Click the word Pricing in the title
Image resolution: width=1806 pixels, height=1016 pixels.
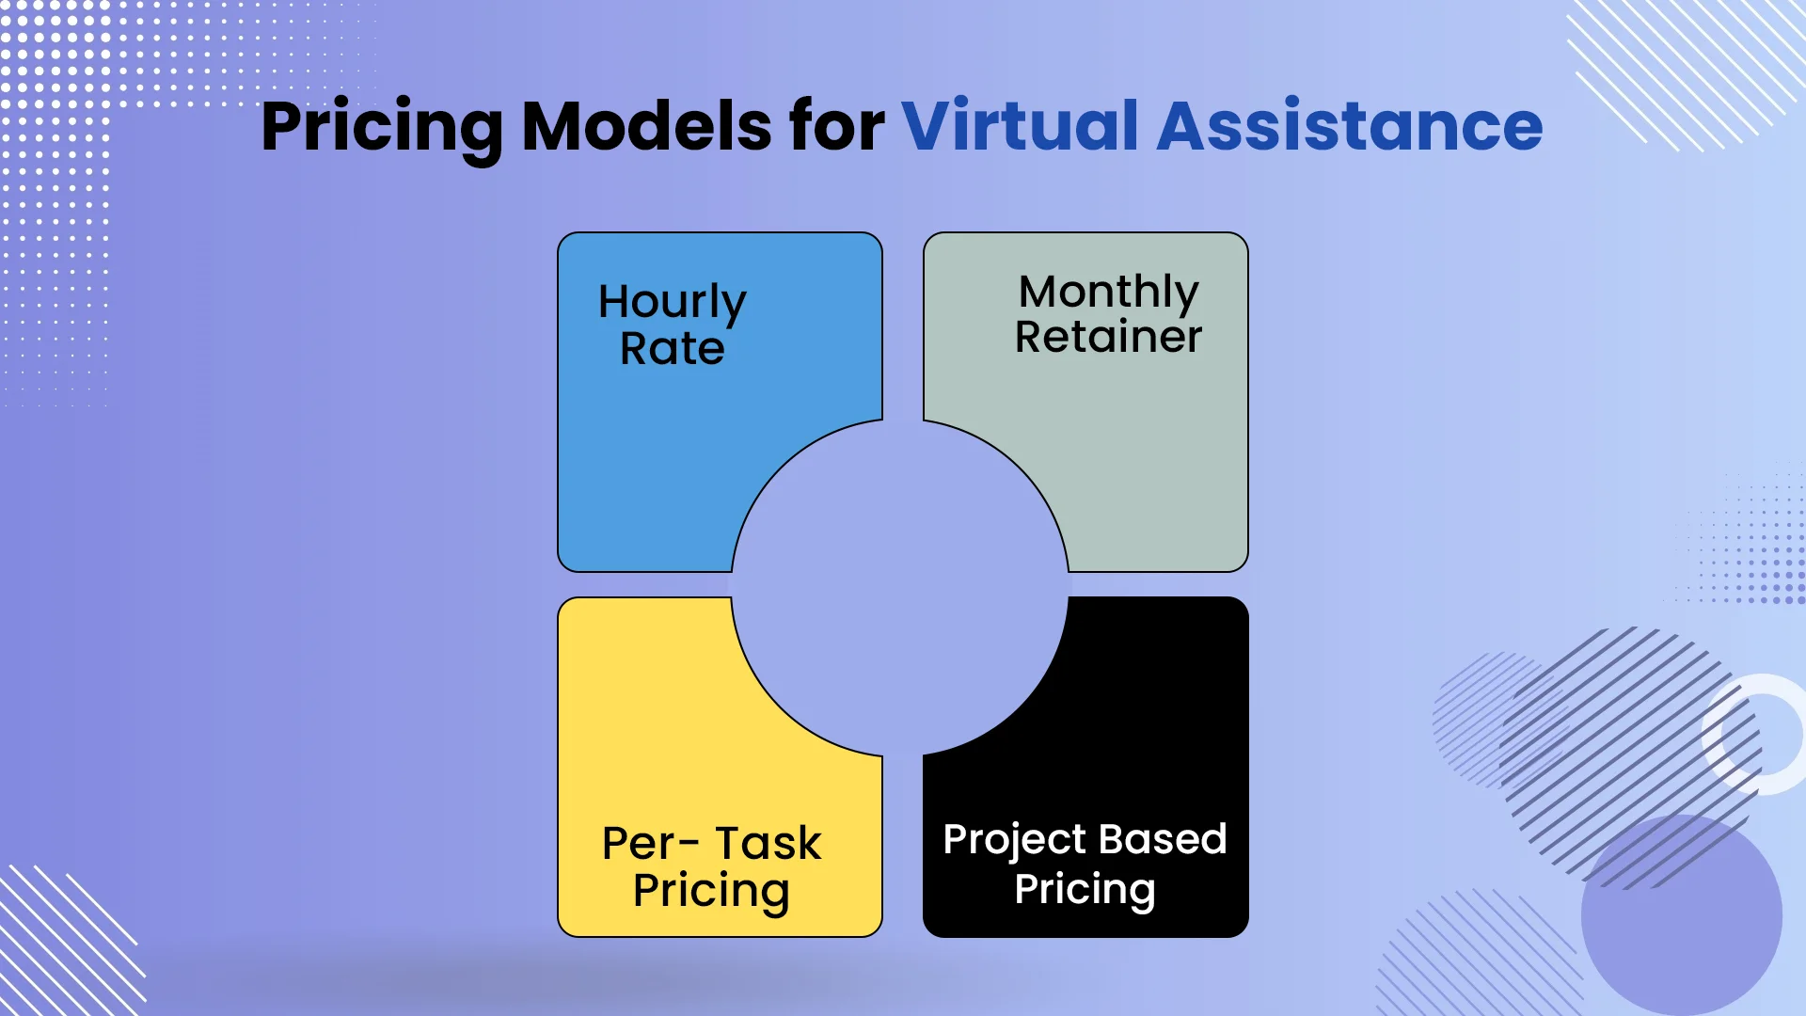pyautogui.click(x=381, y=127)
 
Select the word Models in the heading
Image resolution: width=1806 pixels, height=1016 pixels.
pyautogui.click(x=646, y=126)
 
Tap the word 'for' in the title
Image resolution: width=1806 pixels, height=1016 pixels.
pyautogui.click(x=836, y=126)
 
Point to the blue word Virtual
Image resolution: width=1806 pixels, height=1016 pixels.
pyautogui.click(x=1020, y=126)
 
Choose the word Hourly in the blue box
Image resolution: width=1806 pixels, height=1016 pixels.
pyautogui.click(x=672, y=303)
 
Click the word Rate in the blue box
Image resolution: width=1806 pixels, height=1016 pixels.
pyautogui.click(x=672, y=349)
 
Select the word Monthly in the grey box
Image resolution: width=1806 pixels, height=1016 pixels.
pyautogui.click(x=1108, y=292)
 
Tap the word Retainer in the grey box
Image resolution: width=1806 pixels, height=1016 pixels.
pyautogui.click(x=1108, y=337)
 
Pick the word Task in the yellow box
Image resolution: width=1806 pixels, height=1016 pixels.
pyautogui.click(x=768, y=843)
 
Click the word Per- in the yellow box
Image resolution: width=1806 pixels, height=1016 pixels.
pyautogui.click(x=649, y=843)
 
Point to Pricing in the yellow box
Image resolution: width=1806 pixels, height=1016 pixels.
pyautogui.click(x=710, y=891)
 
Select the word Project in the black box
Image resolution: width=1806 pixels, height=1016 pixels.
pyautogui.click(x=1015, y=839)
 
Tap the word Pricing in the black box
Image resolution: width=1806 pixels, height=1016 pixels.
pyautogui.click(x=1084, y=889)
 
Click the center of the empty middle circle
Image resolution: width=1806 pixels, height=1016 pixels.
pyautogui.click(x=900, y=587)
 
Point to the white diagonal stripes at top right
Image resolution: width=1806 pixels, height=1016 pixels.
pyautogui.click(x=1684, y=71)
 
